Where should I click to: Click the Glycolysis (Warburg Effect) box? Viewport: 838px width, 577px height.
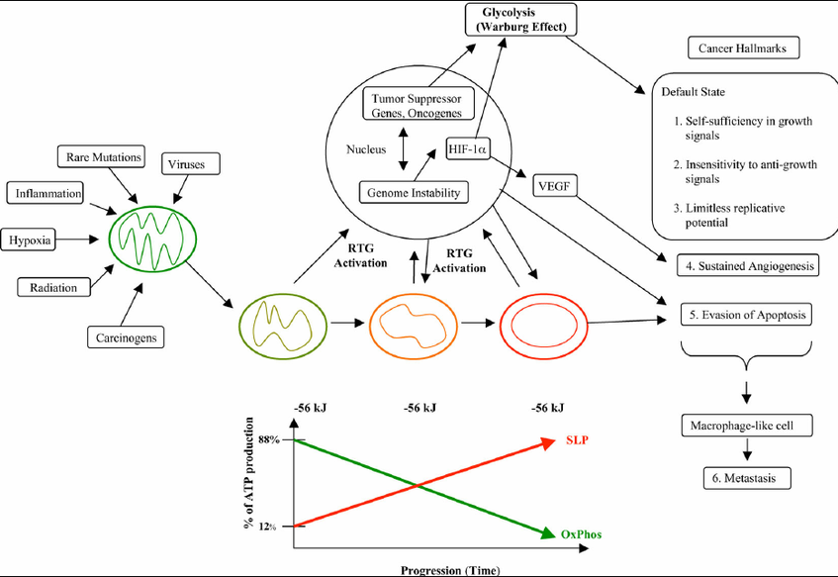tap(521, 20)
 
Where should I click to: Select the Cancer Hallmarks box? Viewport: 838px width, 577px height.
tap(743, 48)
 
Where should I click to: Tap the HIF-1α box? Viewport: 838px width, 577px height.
tap(468, 148)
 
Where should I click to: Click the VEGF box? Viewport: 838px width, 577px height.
tap(555, 186)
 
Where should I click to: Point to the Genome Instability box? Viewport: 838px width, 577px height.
tap(414, 193)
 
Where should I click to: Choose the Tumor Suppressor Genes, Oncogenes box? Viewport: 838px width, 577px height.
tap(418, 105)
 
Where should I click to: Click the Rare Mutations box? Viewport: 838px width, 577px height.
tap(101, 156)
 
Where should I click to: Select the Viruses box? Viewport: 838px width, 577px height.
tap(191, 163)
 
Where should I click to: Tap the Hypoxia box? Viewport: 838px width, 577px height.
tap(30, 240)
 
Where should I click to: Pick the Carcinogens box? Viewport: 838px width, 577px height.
tap(126, 337)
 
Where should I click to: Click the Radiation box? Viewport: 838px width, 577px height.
tap(53, 287)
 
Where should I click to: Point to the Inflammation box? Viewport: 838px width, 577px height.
tap(45, 193)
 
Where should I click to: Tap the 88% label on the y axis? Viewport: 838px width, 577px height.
tap(269, 439)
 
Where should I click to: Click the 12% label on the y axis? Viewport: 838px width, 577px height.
tap(267, 527)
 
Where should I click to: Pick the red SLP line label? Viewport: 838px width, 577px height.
tap(577, 440)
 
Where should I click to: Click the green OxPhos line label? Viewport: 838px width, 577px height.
tap(581, 534)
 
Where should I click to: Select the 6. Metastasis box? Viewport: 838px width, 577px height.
tap(747, 478)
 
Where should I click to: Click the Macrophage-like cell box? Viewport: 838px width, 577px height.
tap(747, 426)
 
